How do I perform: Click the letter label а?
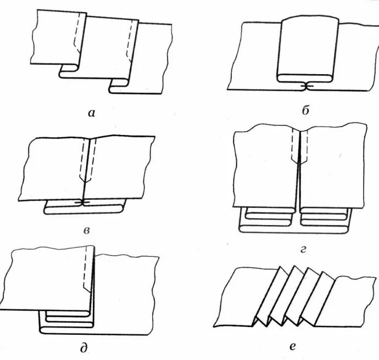pos(91,113)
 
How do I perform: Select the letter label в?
pos(87,232)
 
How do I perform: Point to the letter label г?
pos(303,250)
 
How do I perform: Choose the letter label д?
pos(83,347)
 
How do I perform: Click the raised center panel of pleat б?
pos(308,47)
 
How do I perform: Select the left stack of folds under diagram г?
pos(266,219)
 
